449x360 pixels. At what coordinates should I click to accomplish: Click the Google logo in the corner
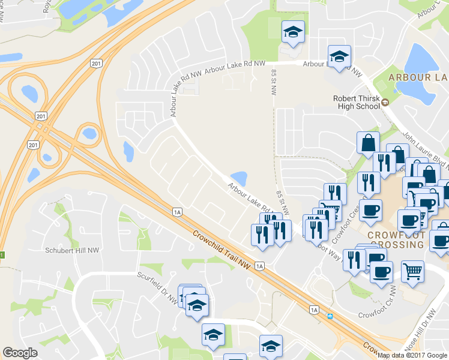(x=20, y=353)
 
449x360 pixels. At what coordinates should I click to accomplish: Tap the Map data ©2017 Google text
(x=412, y=355)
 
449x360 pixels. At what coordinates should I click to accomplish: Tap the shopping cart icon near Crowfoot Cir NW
(x=412, y=271)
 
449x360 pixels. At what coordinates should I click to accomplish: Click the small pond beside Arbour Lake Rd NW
(x=240, y=178)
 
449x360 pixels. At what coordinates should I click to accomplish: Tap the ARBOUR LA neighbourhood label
(x=418, y=77)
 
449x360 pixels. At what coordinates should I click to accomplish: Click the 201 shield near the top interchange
(x=97, y=63)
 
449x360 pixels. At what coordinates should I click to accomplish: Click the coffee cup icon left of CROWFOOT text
(x=370, y=209)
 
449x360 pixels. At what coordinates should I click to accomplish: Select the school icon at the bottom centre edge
(x=271, y=346)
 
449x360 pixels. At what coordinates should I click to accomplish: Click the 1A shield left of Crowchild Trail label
(x=176, y=211)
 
